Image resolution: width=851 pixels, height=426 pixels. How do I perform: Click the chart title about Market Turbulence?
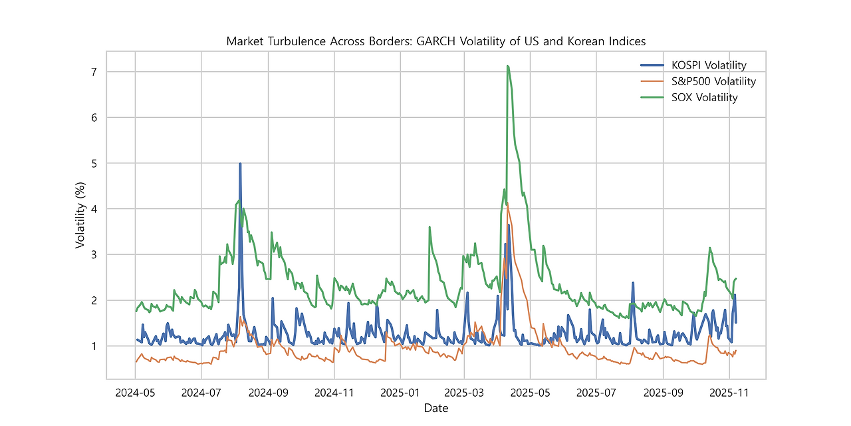[x=435, y=41]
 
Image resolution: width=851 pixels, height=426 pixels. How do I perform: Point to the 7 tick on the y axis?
[x=94, y=72]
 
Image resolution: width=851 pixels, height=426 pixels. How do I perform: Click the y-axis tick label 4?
[x=94, y=209]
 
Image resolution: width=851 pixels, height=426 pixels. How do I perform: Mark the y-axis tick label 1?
[x=94, y=346]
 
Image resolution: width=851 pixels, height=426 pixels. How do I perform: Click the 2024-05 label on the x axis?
[x=135, y=393]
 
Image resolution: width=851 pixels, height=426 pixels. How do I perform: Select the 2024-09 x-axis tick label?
[x=269, y=393]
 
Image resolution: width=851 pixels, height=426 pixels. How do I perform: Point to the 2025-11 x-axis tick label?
[x=729, y=393]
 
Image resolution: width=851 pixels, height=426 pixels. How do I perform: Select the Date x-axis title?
[x=435, y=408]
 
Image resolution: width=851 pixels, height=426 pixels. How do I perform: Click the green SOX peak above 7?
[x=507, y=66]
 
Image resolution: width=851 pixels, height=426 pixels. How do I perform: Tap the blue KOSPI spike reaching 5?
[x=240, y=164]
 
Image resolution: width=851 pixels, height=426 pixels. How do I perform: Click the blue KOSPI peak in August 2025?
[x=633, y=283]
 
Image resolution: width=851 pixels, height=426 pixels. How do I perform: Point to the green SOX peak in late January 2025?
[x=429, y=227]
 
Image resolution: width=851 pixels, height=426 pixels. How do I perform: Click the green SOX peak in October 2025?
[x=709, y=248]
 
